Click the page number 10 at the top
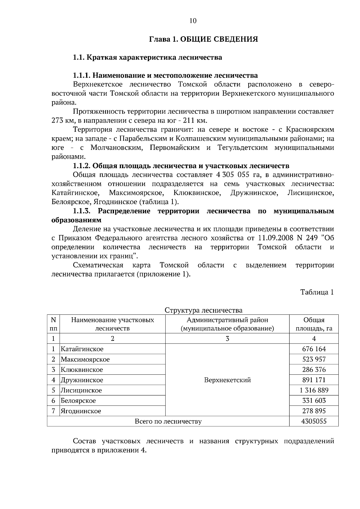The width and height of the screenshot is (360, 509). (x=193, y=21)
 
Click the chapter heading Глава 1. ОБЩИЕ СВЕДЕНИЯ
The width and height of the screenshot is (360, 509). (x=204, y=39)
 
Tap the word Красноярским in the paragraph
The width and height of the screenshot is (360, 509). (x=310, y=130)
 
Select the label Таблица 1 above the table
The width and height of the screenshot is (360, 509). (x=317, y=292)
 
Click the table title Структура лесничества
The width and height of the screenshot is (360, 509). (x=204, y=310)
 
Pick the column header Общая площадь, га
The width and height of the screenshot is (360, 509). (x=314, y=324)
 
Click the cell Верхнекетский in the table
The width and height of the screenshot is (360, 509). (x=227, y=380)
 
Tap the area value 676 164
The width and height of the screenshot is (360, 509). (x=314, y=349)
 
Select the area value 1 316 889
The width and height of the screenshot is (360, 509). (x=314, y=390)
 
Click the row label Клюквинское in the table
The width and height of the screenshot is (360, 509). (x=82, y=370)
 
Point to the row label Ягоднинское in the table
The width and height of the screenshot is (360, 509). (x=81, y=411)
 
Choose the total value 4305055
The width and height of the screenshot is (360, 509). (x=314, y=421)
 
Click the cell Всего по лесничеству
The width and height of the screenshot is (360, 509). (x=168, y=421)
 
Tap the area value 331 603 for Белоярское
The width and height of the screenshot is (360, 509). (x=314, y=401)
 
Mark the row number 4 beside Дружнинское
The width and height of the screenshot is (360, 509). (x=53, y=380)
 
